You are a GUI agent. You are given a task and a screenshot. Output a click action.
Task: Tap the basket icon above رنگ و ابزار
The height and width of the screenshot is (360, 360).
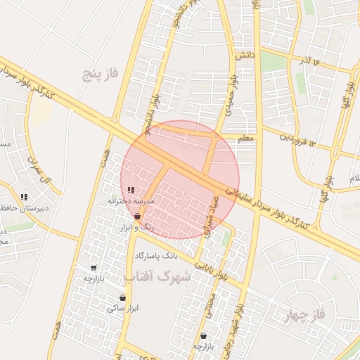(x=137, y=216)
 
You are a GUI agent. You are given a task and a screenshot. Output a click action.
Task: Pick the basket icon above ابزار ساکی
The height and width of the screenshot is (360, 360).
(x=123, y=297)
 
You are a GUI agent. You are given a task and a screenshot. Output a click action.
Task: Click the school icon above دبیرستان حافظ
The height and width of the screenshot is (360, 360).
(x=25, y=197)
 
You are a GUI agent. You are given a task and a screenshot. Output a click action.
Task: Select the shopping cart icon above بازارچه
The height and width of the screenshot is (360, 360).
(x=94, y=268)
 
